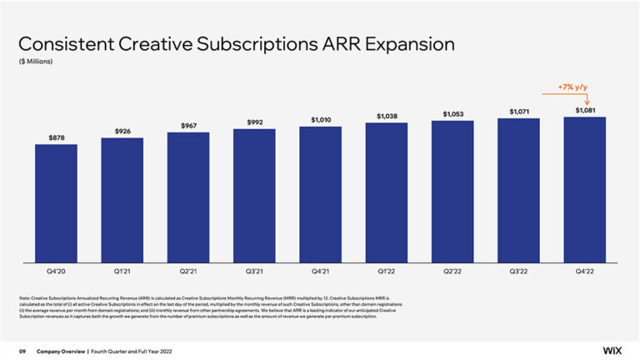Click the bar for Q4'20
pyautogui.click(x=56, y=204)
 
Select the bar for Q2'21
pyautogui.click(x=188, y=198)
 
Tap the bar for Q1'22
pyautogui.click(x=387, y=193)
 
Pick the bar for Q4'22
pyautogui.click(x=585, y=190)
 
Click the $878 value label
pyautogui.click(x=56, y=136)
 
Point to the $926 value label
pyautogui.click(x=122, y=131)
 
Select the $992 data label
pyautogui.click(x=254, y=122)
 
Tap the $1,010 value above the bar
pyautogui.click(x=321, y=120)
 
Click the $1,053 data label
pyautogui.click(x=452, y=113)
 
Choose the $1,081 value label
pyautogui.click(x=585, y=110)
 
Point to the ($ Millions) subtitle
pyautogui.click(x=37, y=61)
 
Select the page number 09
pyautogui.click(x=23, y=351)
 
